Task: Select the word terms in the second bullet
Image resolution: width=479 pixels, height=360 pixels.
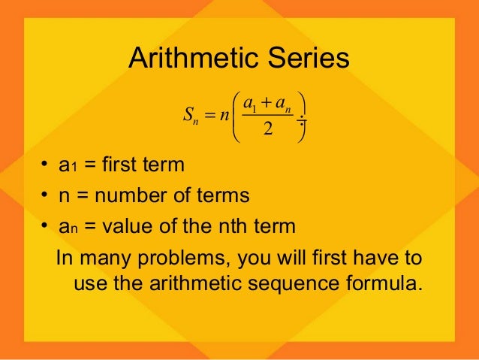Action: pyautogui.click(x=221, y=196)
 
